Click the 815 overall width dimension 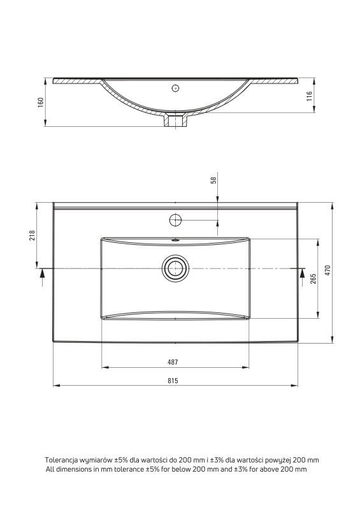tap(173, 381)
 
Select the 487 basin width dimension tap(173, 362)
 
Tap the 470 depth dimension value tap(328, 270)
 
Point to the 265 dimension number tap(313, 279)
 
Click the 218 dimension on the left tap(32, 235)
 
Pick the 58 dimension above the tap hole tap(213, 180)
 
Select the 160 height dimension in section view tap(40, 102)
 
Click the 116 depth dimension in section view tap(309, 96)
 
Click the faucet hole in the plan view tap(175, 220)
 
